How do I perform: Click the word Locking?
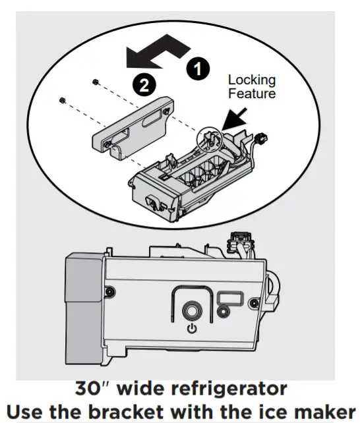(x=251, y=80)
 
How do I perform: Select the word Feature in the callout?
(x=252, y=94)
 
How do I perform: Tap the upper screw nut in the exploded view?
(x=96, y=82)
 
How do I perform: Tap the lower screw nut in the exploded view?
(x=62, y=100)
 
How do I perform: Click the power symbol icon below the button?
(x=192, y=328)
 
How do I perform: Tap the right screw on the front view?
(x=255, y=302)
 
